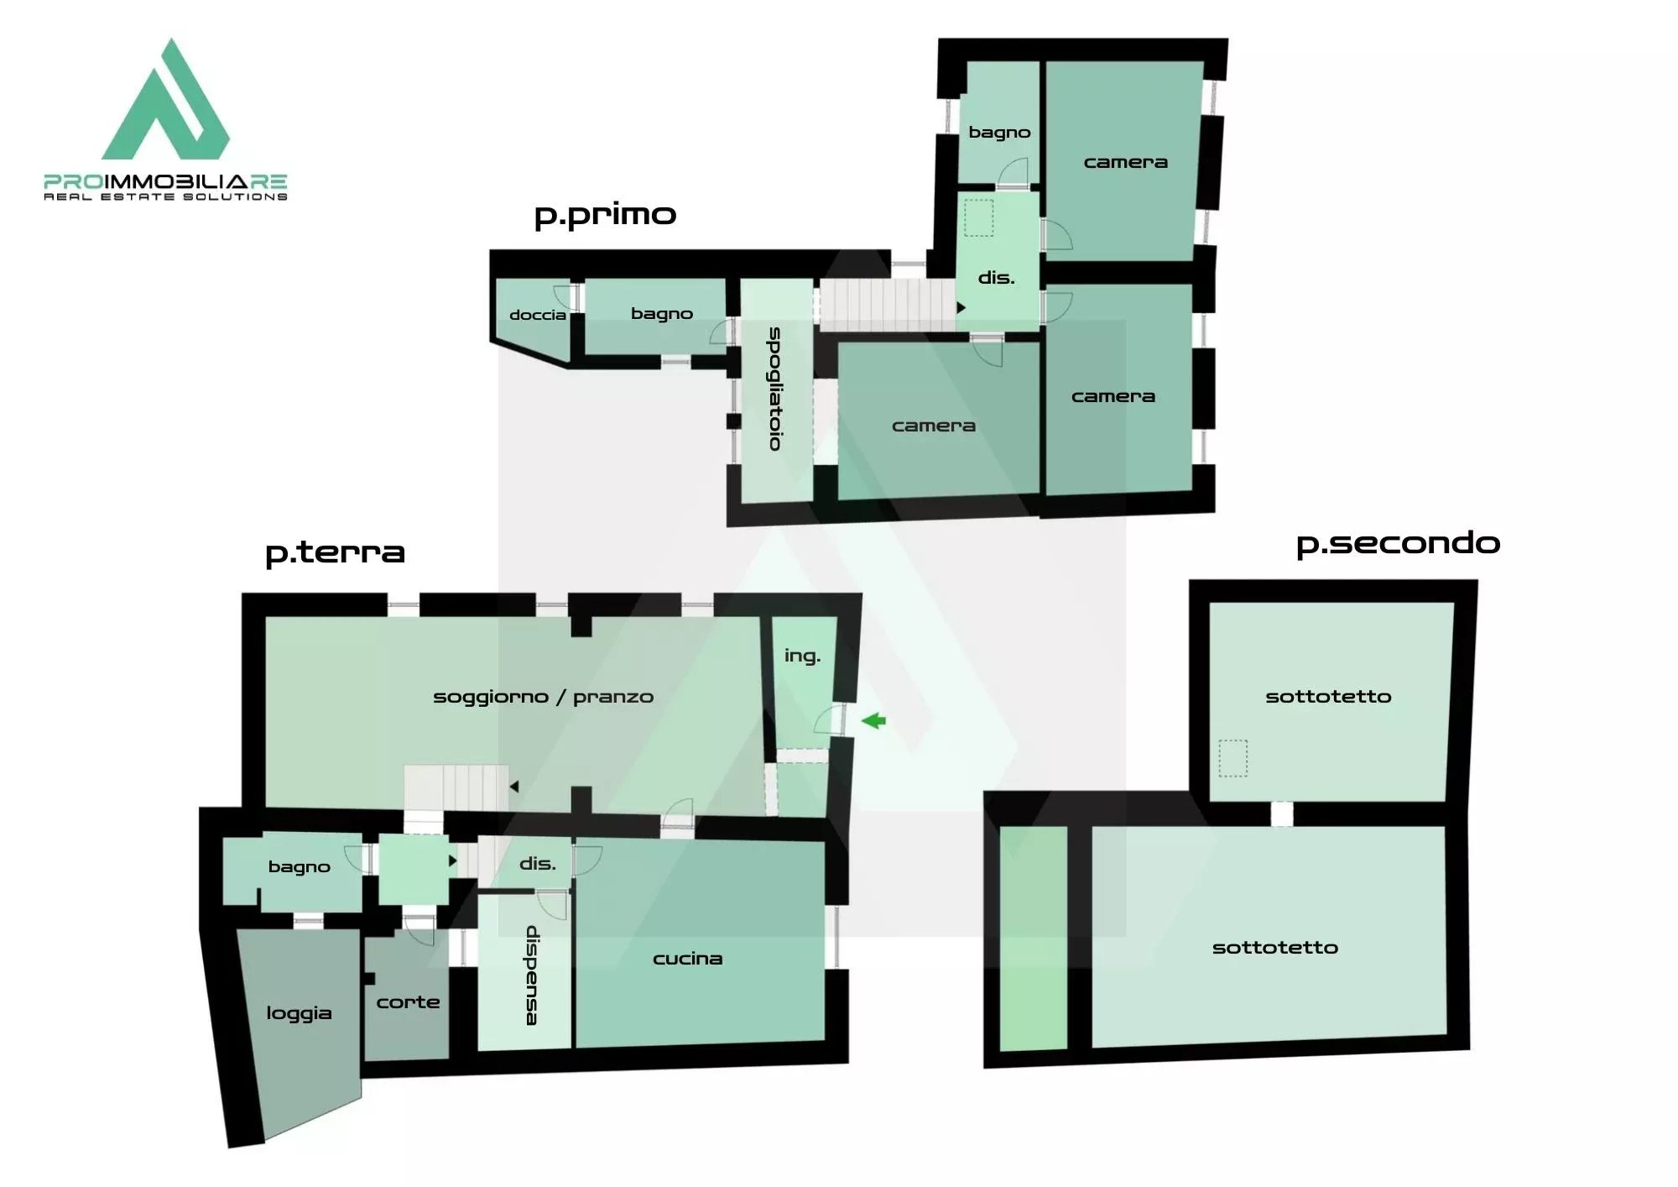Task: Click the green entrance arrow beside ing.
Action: tap(873, 720)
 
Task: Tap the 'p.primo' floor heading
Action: tap(605, 215)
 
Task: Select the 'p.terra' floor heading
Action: tap(335, 553)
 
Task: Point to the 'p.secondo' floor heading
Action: tap(1398, 544)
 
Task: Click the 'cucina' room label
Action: tap(687, 959)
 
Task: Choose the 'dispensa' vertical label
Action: tap(532, 975)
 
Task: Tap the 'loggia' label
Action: tap(299, 1013)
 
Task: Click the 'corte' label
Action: tap(408, 1001)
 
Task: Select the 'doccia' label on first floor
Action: tap(538, 315)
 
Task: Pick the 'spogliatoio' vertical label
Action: tap(775, 389)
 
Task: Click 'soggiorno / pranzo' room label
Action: tap(543, 697)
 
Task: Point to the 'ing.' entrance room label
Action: tap(802, 656)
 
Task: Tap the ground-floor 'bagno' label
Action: tap(299, 866)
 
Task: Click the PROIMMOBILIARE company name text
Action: tap(165, 181)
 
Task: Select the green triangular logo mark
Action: tap(165, 99)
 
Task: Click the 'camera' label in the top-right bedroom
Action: tap(1125, 162)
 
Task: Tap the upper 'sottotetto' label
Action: tap(1328, 696)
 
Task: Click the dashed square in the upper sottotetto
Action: tap(1232, 758)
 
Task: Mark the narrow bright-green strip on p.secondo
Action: tap(1034, 938)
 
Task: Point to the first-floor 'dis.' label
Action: tap(996, 277)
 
